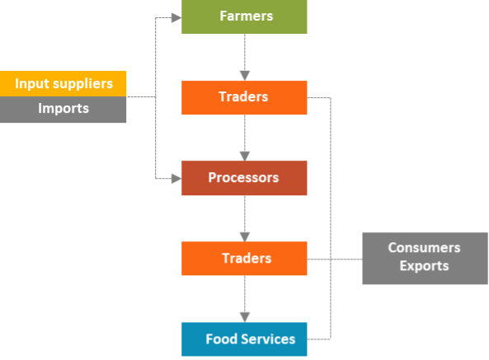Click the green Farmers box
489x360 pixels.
tap(244, 16)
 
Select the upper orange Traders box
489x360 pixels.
tap(244, 97)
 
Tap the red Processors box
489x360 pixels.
tap(244, 178)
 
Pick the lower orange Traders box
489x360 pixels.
tap(244, 258)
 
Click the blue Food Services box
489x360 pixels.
tap(244, 339)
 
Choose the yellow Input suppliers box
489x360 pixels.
tap(63, 84)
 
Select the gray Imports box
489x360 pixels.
tap(63, 109)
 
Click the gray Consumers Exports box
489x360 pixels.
tap(424, 258)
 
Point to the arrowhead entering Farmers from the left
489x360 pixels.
tap(176, 16)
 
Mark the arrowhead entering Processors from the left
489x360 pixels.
tap(176, 178)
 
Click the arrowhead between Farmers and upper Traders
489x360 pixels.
tap(244, 75)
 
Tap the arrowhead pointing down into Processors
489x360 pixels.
tap(244, 155)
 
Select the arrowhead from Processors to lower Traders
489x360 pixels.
tap(244, 236)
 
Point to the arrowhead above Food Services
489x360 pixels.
tap(244, 316)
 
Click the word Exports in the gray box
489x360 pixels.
tap(424, 266)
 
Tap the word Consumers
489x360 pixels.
tap(424, 248)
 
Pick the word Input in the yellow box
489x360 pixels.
tap(31, 84)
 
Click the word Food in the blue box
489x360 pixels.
tap(219, 339)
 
